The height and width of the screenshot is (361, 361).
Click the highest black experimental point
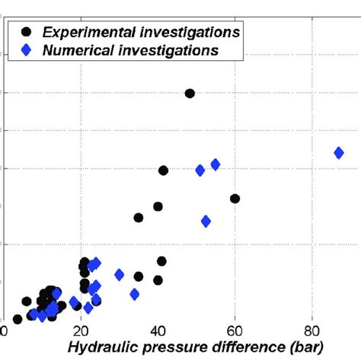coord(190,93)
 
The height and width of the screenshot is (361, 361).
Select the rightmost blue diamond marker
coord(339,153)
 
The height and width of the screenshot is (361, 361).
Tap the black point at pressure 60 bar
coord(235,199)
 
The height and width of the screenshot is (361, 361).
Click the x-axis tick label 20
coord(81,331)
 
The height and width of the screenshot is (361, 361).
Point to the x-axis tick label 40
coord(158,331)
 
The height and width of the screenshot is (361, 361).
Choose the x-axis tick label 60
coord(235,331)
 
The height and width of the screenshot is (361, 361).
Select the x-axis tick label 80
coord(311,331)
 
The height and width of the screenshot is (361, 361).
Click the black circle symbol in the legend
coord(27,32)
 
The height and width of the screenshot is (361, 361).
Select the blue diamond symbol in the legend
coord(27,50)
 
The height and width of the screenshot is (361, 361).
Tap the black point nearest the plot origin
coord(18,319)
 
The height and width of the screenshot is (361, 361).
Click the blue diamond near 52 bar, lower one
coord(206,222)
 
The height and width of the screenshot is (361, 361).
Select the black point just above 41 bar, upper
coord(163,171)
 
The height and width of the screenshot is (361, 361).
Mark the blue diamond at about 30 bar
coord(119,275)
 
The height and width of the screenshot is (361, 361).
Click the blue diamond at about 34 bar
coord(135,294)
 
